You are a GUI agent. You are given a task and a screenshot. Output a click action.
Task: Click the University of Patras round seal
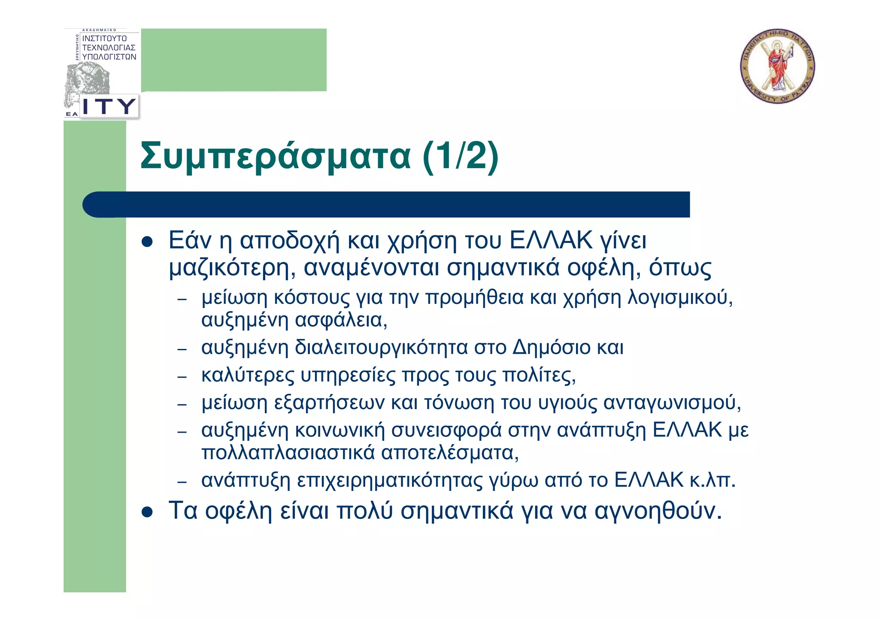(x=777, y=66)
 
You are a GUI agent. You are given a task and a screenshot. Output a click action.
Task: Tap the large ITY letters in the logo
(x=109, y=106)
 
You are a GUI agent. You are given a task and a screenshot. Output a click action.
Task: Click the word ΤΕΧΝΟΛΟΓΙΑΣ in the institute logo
(x=109, y=48)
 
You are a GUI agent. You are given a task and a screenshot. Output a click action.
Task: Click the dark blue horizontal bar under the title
(x=386, y=204)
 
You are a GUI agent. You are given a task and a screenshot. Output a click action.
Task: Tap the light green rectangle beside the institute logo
(x=234, y=60)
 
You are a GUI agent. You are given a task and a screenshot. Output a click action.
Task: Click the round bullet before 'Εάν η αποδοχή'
(x=147, y=242)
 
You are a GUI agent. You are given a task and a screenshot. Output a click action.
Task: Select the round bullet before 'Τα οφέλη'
(x=147, y=512)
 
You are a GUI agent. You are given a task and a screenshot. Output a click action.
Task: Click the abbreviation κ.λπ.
(x=712, y=480)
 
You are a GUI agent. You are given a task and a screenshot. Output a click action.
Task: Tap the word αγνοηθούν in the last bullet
(x=658, y=511)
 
